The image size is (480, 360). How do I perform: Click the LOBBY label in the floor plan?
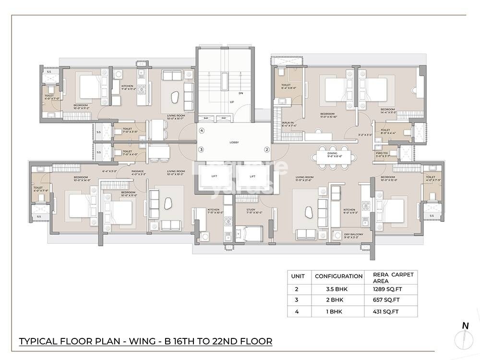pyautogui.click(x=234, y=143)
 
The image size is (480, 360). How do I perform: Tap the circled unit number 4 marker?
pyautogui.click(x=202, y=131)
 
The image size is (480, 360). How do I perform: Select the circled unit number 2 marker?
pyautogui.click(x=266, y=149)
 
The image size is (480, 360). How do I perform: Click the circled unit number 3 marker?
pyautogui.click(x=202, y=149)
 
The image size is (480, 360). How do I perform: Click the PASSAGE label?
pyautogui.click(x=138, y=171)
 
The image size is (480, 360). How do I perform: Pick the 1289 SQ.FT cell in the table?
pyautogui.click(x=387, y=289)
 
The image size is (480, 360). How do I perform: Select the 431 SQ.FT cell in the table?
pyautogui.click(x=386, y=312)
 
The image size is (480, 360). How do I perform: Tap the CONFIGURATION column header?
pyautogui.click(x=338, y=276)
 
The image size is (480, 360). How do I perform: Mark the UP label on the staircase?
pyautogui.click(x=232, y=102)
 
